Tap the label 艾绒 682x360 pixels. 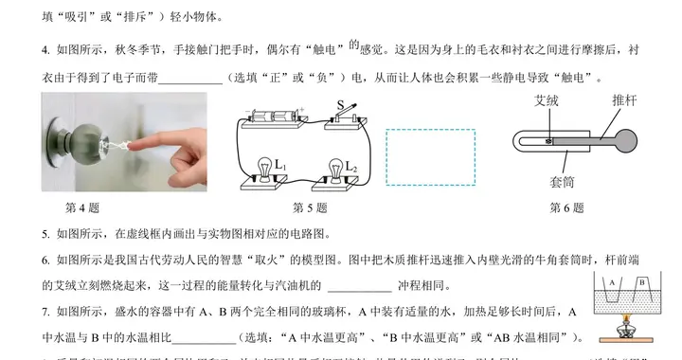point(547,99)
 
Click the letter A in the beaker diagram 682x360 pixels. point(613,282)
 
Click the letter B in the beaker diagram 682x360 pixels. point(641,281)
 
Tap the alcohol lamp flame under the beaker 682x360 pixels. point(626,322)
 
